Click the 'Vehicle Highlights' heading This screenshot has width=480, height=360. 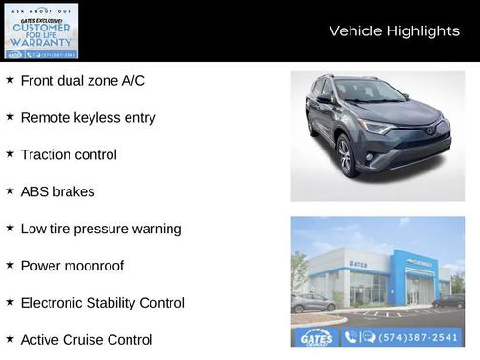point(394,30)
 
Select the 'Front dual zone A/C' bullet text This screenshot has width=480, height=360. point(82,81)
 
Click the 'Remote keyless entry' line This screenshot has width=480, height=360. point(88,118)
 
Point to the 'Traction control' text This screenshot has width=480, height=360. point(69,154)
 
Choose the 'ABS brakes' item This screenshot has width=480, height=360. point(57,191)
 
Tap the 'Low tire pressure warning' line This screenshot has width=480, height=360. point(100,229)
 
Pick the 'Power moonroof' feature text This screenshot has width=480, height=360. point(71,266)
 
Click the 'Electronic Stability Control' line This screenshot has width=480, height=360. point(102,303)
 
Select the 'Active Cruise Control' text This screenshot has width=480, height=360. point(86,339)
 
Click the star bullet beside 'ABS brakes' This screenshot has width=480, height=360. point(10,190)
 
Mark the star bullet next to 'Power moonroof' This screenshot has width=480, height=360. point(10,265)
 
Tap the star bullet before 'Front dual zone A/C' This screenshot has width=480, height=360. point(10,80)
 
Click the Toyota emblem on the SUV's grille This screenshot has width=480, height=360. point(430,130)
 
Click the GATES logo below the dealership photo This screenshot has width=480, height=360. point(315,337)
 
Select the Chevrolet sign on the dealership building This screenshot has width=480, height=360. point(419,261)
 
